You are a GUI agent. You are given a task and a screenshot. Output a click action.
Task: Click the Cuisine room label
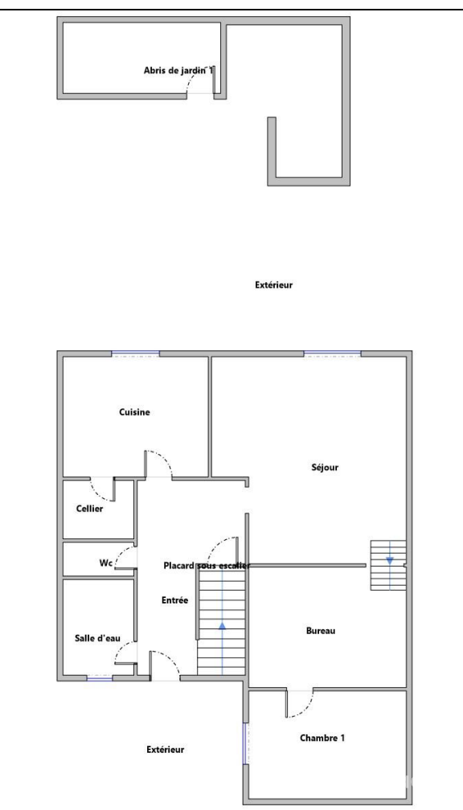tap(134, 412)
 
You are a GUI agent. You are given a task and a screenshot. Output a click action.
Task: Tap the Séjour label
tap(325, 468)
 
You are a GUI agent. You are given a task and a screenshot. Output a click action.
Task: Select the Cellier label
tap(89, 509)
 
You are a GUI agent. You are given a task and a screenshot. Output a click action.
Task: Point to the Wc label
tap(106, 563)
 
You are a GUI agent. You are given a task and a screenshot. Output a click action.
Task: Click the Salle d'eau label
tap(98, 638)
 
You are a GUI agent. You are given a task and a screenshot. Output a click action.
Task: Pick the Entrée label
tap(174, 600)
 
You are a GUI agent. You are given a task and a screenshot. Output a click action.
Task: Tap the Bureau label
tap(321, 631)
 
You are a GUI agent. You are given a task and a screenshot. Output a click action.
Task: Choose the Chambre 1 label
tap(322, 738)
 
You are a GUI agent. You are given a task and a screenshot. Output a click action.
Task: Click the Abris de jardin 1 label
tap(178, 71)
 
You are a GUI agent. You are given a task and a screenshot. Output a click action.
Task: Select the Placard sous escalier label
tap(207, 566)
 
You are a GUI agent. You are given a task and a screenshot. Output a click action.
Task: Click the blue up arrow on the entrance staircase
tap(222, 625)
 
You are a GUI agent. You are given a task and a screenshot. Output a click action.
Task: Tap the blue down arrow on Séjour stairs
tap(390, 560)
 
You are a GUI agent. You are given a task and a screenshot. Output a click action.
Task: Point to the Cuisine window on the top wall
tap(135, 354)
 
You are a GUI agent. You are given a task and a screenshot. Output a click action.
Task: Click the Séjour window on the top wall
tap(332, 354)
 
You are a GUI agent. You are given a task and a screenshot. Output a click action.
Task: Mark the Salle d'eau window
tap(100, 678)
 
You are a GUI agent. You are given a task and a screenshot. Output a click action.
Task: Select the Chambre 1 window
tap(245, 744)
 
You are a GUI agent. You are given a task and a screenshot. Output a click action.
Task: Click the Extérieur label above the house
tap(274, 284)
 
